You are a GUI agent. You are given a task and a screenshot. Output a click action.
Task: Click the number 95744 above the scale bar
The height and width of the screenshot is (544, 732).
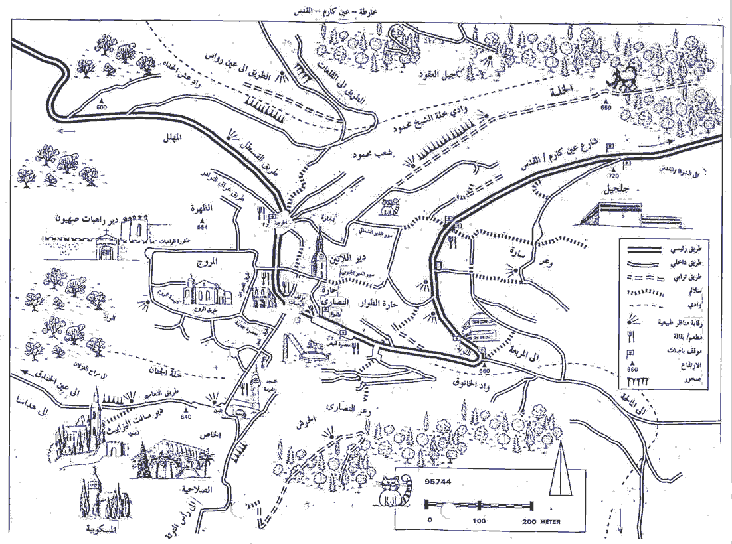[440, 482]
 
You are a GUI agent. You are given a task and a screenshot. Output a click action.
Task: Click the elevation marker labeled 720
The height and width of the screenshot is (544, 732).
[614, 176]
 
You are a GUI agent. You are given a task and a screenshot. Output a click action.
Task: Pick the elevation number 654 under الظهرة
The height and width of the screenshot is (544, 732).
[202, 227]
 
